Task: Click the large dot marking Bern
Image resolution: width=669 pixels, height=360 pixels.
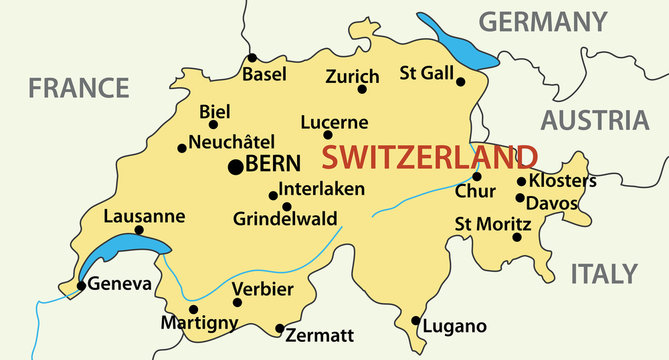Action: [236, 167]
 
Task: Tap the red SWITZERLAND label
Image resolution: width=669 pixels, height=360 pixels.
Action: [429, 157]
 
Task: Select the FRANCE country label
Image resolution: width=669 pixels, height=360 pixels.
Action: [78, 88]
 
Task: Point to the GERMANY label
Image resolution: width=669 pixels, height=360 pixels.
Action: [542, 21]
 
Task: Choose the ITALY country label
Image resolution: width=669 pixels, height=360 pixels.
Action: [603, 273]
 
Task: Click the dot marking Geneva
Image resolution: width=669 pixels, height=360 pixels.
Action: [81, 286]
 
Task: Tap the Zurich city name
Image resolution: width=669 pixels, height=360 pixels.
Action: [352, 76]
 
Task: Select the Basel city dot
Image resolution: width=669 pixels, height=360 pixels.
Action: [252, 57]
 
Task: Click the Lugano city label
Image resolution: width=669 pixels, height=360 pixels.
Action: [455, 326]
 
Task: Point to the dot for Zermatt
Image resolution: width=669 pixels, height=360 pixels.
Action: [279, 328]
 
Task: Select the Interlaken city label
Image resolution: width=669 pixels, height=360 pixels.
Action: [322, 188]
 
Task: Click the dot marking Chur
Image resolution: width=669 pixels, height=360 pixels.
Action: [477, 176]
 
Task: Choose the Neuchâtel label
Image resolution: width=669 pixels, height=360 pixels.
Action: [231, 142]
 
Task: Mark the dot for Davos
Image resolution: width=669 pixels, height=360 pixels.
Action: [520, 198]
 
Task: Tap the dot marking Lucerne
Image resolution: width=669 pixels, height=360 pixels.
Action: [328, 135]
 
